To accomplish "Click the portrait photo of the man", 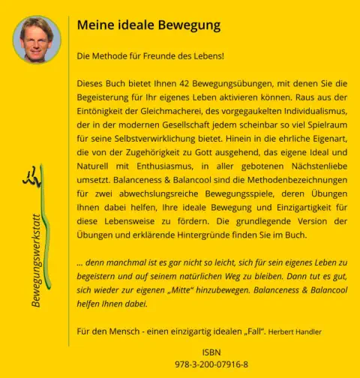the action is point(37,39).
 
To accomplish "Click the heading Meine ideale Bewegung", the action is point(148,25).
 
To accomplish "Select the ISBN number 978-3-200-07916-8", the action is point(211,364).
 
